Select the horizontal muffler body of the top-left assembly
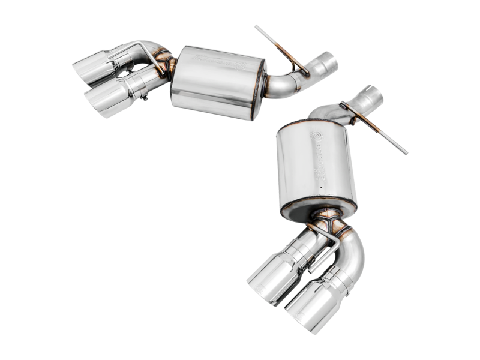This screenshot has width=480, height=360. pyautogui.click(x=217, y=81)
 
